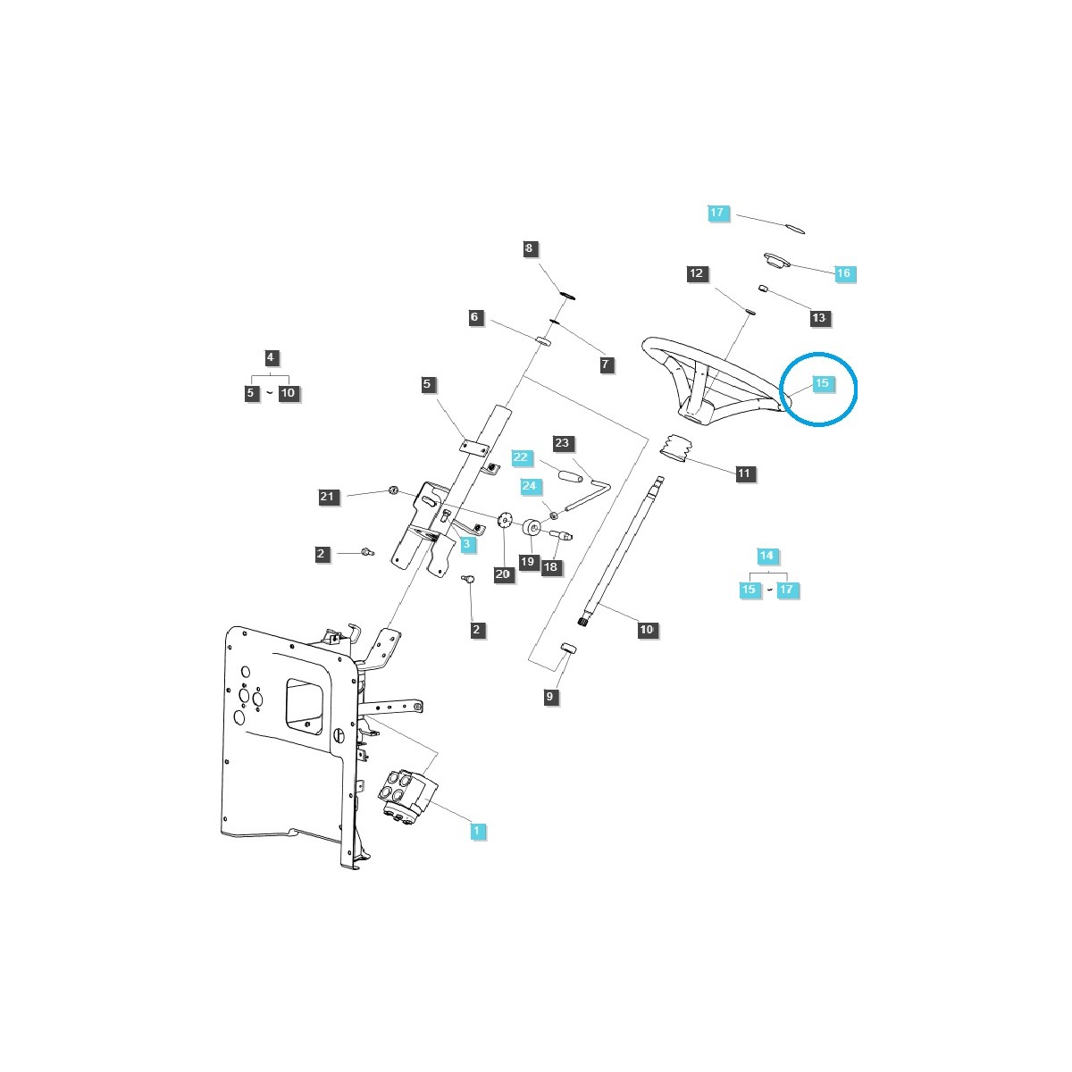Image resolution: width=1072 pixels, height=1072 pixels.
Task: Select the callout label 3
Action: point(468,543)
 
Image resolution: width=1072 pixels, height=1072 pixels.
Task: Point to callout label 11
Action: point(744,473)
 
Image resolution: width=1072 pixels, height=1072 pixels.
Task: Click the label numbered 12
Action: point(697,273)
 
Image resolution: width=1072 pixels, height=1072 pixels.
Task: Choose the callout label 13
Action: point(819,317)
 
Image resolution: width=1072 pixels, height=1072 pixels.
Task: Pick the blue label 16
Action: point(844,272)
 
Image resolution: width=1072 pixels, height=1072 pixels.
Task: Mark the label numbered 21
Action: point(327,496)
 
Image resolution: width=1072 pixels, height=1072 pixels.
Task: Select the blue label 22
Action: point(522,457)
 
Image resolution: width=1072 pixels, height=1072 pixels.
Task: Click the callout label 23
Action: point(562,443)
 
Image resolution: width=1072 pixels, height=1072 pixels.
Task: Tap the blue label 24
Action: point(531,486)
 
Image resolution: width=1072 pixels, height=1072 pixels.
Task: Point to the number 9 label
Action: point(550,697)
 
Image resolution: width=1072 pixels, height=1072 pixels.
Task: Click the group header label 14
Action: point(766,556)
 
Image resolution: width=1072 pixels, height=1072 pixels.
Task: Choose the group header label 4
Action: point(272,358)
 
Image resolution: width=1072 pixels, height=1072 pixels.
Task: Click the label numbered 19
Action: point(527,562)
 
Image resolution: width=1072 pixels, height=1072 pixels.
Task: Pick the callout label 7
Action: point(606,364)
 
